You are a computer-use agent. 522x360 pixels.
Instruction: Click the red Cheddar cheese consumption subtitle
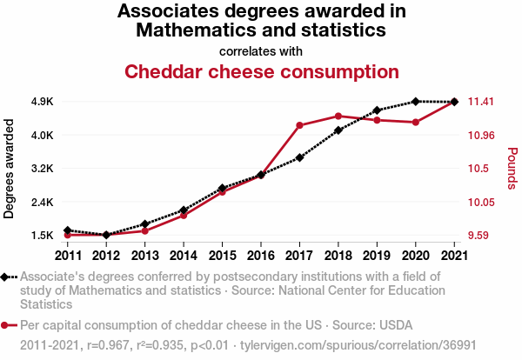(262, 71)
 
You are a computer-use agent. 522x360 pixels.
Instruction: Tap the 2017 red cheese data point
(299, 125)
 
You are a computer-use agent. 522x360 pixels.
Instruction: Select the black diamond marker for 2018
(338, 130)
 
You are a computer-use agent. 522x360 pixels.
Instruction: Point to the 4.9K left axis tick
(42, 102)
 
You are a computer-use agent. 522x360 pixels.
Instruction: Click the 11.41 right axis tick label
(481, 102)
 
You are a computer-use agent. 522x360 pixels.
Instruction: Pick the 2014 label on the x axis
(184, 256)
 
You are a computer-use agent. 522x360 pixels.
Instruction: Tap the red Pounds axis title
(512, 168)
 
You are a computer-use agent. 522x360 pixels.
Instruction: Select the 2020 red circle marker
(416, 123)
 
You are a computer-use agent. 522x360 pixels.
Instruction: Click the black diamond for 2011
(67, 230)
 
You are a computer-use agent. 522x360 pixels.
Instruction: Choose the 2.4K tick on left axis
(42, 203)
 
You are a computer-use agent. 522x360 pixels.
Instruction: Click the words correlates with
(262, 51)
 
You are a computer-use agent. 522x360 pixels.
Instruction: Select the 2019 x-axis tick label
(377, 256)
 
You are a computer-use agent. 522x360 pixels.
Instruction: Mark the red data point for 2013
(144, 230)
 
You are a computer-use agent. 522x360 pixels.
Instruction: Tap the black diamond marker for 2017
(299, 157)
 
